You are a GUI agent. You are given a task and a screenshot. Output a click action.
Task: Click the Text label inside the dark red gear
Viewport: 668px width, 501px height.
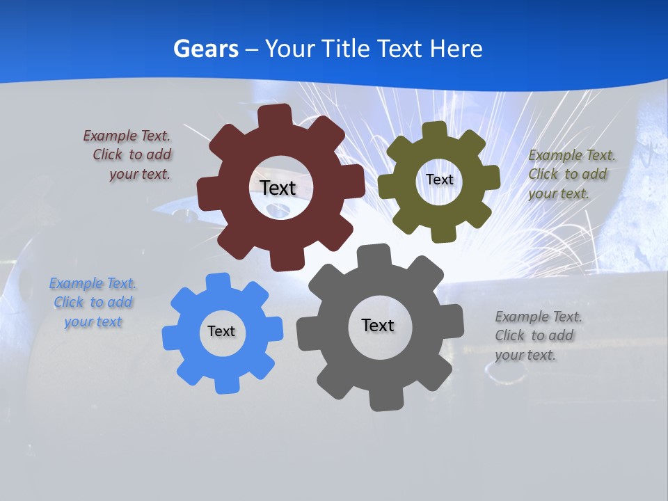coord(278,188)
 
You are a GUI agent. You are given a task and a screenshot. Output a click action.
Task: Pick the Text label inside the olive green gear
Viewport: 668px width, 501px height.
coord(439,180)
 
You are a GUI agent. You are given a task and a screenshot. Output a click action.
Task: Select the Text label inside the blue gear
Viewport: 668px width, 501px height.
coord(221,331)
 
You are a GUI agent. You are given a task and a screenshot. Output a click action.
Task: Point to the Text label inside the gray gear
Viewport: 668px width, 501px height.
coord(378,325)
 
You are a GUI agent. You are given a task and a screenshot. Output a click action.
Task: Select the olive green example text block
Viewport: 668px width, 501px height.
coord(571,174)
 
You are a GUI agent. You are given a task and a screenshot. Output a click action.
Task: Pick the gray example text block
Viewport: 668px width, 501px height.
coord(537,335)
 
